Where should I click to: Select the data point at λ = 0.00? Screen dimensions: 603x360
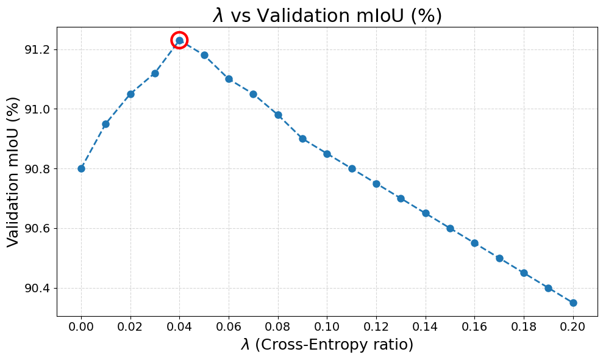81,168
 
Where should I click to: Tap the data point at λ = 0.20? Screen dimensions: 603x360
573,303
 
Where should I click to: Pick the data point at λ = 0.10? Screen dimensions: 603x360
327,154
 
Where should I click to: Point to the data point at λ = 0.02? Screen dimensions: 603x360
130,95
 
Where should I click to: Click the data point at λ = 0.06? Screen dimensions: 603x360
229,79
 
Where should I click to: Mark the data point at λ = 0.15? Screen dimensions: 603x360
451,228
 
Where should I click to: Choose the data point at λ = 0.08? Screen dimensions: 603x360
278,115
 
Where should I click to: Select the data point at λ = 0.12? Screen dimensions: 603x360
376,184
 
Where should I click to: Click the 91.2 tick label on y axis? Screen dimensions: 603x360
38,49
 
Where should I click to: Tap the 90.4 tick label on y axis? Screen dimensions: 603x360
38,289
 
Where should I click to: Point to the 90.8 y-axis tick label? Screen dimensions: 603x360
38,169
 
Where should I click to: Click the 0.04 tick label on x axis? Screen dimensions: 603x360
180,327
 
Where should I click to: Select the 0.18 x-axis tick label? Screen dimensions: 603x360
524,327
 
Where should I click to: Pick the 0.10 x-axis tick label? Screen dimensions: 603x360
327,327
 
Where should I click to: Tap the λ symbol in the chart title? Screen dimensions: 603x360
218,16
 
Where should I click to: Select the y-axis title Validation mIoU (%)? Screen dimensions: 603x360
13,171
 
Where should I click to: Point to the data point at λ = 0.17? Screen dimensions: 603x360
499,258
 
